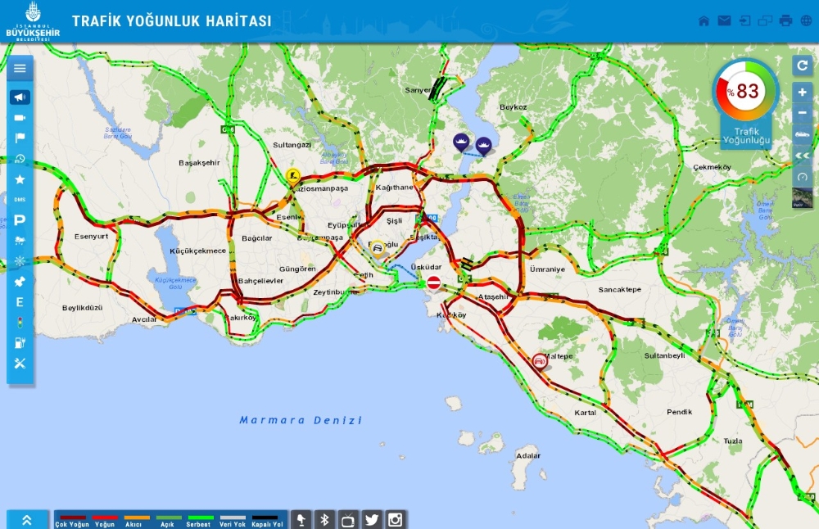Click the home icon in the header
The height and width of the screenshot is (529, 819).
pos(704,21)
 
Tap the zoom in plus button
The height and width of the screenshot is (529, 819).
pos(803,93)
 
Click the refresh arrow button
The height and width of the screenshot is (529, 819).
pos(803,66)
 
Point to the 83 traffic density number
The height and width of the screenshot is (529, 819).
pos(747,91)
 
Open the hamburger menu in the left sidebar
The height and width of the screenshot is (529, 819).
pos(20,69)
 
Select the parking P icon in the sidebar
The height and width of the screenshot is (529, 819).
pos(20,220)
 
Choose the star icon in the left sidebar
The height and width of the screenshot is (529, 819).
pos(20,179)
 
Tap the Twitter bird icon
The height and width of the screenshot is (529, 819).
pos(372,519)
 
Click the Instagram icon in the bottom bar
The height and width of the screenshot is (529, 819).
pos(396,519)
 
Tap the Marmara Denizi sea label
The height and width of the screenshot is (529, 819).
pos(301,420)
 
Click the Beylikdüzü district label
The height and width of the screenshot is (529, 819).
pos(83,308)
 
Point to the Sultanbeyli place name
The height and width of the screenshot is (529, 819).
pos(664,356)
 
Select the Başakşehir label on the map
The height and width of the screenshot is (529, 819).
pos(199,163)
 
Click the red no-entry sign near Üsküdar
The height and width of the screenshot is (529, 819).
pos(434,283)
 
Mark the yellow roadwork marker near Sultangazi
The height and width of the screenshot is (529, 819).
pos(292,174)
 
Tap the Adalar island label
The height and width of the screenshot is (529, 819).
pos(528,455)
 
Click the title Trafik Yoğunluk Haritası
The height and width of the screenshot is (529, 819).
pos(171,21)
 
